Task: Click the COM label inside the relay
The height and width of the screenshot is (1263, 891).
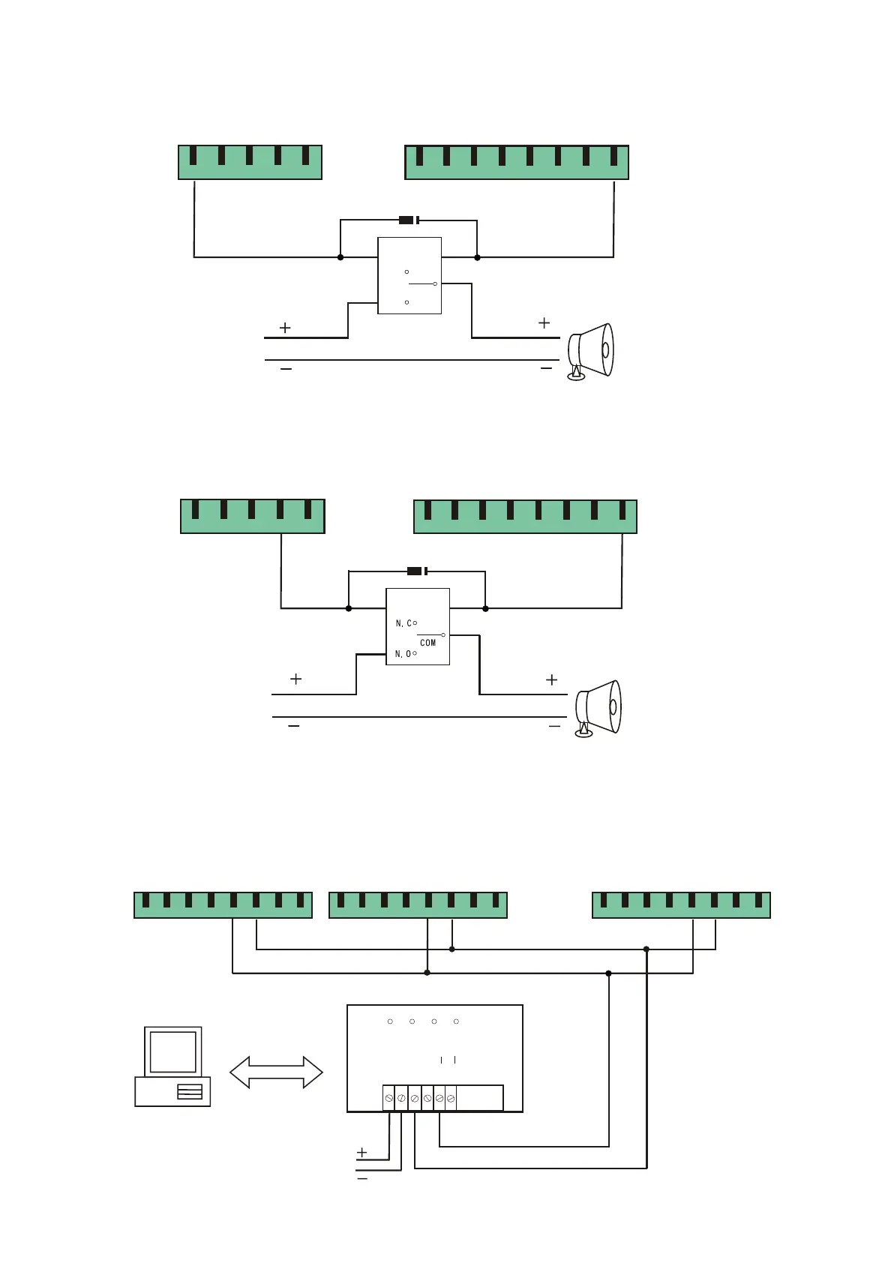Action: [x=427, y=643]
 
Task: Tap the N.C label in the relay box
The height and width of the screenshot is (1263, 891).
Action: [x=403, y=623]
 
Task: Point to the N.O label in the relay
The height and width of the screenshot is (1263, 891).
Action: [x=403, y=654]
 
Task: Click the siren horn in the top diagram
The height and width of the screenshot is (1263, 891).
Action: [x=591, y=351]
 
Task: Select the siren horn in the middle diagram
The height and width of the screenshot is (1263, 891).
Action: [x=598, y=707]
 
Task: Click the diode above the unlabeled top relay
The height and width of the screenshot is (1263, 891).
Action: [x=409, y=220]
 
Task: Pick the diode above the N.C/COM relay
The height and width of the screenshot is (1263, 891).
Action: [x=417, y=571]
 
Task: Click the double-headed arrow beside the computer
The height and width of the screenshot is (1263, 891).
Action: [x=276, y=1072]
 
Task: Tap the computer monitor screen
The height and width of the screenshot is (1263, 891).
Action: [x=172, y=1051]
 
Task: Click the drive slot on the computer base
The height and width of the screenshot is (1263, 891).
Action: [x=189, y=1092]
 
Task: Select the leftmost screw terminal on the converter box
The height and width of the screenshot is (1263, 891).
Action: [x=388, y=1098]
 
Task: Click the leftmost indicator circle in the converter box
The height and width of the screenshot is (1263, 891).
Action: [x=390, y=1021]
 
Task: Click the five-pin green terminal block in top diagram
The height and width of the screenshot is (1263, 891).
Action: [x=250, y=162]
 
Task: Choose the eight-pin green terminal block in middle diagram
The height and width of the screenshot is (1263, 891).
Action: [x=525, y=516]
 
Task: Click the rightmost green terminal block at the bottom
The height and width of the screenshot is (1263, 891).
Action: [x=681, y=904]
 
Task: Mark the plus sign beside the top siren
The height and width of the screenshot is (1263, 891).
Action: [x=544, y=322]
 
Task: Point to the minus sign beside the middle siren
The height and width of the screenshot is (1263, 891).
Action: [x=554, y=726]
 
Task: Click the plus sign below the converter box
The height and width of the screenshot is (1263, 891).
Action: [x=362, y=1152]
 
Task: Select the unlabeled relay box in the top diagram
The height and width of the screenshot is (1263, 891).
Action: [x=409, y=275]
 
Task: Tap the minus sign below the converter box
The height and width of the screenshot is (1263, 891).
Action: [x=362, y=1179]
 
